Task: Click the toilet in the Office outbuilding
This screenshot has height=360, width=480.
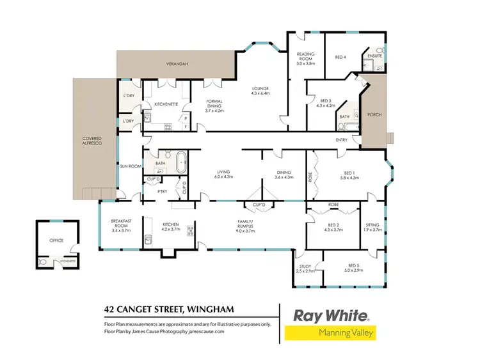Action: click(x=43, y=262)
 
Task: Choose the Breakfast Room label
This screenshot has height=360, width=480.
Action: click(x=121, y=223)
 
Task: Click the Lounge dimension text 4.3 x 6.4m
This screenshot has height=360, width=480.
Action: click(x=260, y=93)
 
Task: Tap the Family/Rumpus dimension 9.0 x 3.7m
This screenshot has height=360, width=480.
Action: click(x=246, y=231)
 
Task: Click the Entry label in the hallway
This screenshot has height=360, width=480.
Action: click(x=341, y=140)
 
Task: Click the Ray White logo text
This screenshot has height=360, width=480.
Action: click(x=330, y=315)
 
